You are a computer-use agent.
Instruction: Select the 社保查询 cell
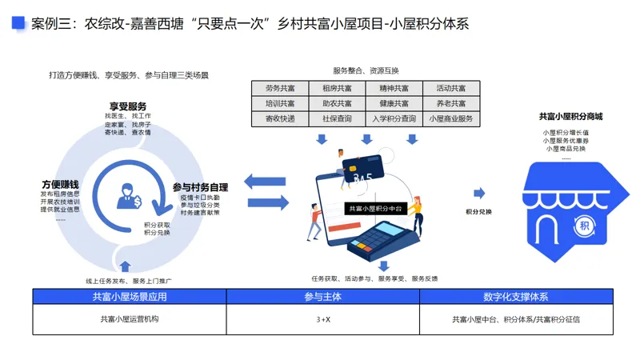(337, 118)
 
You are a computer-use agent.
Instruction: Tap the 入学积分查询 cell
(394, 118)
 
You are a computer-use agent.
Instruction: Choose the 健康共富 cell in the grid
(394, 103)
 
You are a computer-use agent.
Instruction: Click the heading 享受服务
(128, 106)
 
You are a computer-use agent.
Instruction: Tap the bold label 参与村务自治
(200, 187)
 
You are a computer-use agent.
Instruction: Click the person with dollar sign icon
(129, 194)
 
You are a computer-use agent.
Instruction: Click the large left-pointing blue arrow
(265, 182)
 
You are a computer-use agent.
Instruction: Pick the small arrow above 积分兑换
(478, 193)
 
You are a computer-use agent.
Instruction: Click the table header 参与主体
(322, 297)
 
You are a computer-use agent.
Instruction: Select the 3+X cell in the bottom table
(322, 319)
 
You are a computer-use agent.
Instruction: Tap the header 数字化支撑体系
(515, 297)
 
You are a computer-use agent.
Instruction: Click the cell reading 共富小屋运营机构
(130, 319)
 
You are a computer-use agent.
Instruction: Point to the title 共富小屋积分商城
(570, 116)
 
